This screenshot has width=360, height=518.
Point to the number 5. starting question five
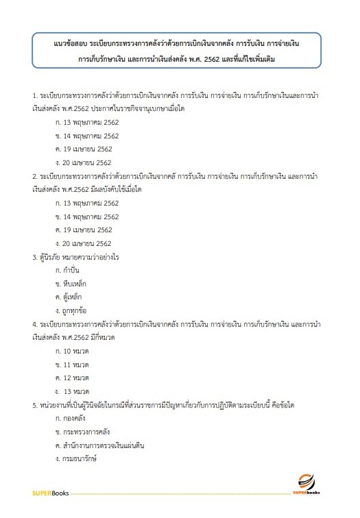[x=35, y=404]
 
